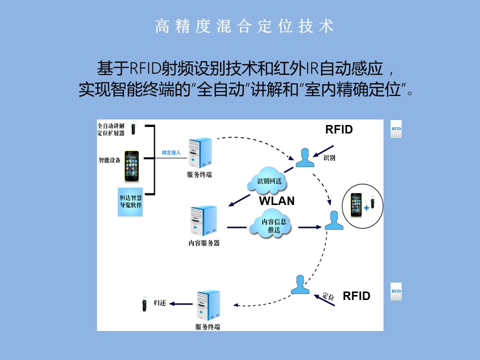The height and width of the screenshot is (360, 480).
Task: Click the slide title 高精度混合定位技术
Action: [244, 26]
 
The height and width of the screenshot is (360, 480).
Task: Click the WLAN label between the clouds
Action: [276, 201]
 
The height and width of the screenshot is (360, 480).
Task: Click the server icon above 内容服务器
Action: [202, 221]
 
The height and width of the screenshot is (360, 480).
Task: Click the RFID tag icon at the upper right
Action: [396, 128]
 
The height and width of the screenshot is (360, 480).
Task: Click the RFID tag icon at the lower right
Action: [396, 291]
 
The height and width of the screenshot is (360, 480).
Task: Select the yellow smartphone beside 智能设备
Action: [131, 166]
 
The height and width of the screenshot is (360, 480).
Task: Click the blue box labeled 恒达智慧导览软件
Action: [131, 201]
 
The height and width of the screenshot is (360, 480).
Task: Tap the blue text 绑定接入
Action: [171, 152]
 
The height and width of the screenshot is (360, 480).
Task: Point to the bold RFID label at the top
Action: [339, 129]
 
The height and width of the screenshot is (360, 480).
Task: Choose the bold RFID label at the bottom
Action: [356, 295]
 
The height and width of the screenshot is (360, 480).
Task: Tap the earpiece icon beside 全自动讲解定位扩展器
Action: [134, 128]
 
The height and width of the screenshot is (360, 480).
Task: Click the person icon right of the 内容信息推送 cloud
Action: [334, 220]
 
